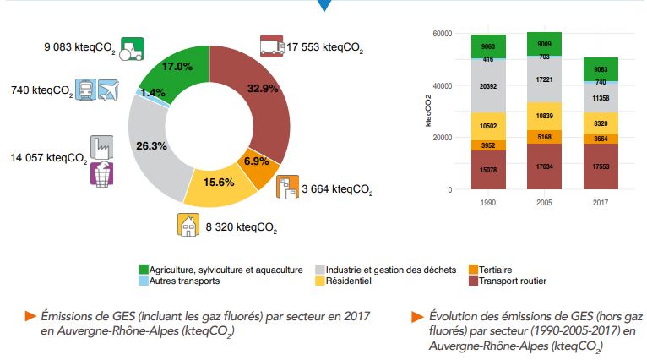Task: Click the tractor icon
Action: tap(131, 49)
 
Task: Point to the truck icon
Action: tap(270, 46)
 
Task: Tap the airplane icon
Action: tap(108, 90)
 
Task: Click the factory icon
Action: tap(101, 146)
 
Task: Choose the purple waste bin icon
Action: tap(101, 173)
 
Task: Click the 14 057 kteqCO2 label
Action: tap(48, 158)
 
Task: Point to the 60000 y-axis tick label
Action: tap(442, 34)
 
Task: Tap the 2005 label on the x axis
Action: tap(543, 204)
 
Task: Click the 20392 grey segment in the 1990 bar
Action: tap(488, 85)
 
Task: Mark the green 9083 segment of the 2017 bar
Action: tap(601, 69)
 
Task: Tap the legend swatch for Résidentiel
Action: tap(320, 281)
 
